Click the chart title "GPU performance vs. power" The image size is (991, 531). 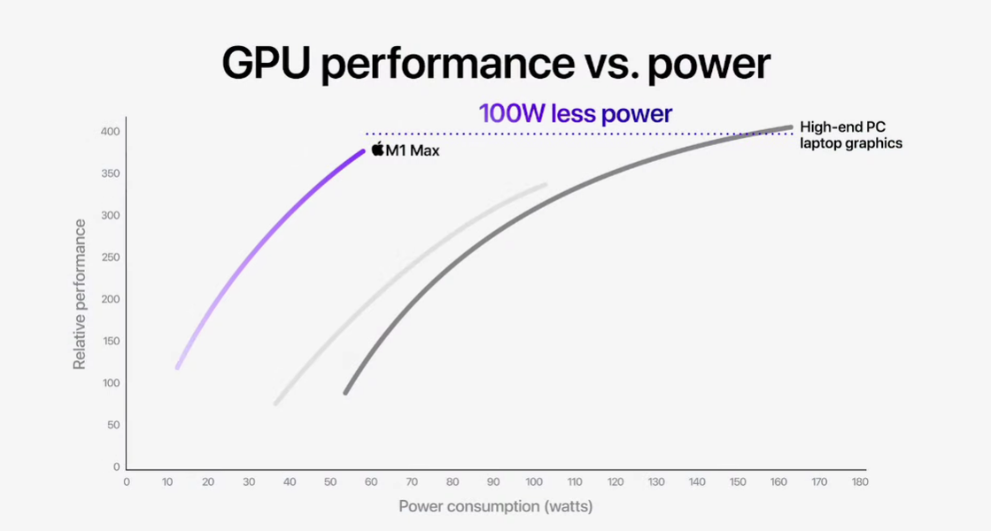(x=495, y=64)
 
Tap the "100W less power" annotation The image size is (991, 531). (x=576, y=113)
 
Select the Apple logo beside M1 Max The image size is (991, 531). (x=377, y=149)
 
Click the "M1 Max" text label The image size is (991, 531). (x=412, y=151)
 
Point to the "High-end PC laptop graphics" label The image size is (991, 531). (x=851, y=135)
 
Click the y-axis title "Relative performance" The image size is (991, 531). (x=80, y=294)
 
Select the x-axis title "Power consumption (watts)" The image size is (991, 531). (x=495, y=506)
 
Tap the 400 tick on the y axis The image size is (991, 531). (x=110, y=132)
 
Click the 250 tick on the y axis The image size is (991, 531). (x=110, y=258)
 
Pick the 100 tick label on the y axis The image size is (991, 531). (x=110, y=383)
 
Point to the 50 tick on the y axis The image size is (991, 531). (x=112, y=425)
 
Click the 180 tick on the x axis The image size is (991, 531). (x=859, y=482)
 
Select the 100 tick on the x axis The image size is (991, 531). (x=534, y=482)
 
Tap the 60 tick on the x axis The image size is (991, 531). (x=371, y=482)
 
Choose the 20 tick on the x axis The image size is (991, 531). (x=208, y=482)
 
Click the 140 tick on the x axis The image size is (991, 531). (x=697, y=482)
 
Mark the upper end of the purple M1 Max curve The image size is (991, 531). (x=362, y=151)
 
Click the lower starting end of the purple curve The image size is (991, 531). (x=178, y=366)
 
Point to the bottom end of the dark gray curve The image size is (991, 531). (x=345, y=392)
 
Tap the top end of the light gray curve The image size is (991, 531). (x=545, y=185)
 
